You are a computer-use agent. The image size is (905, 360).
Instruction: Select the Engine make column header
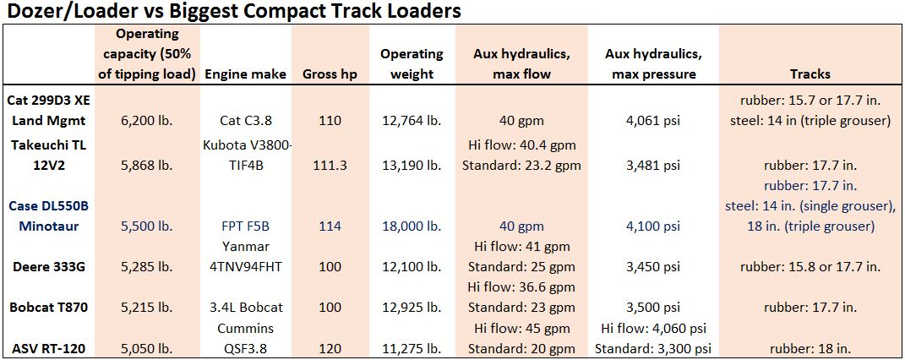tap(245, 74)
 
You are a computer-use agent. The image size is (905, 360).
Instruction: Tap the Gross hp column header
tap(330, 74)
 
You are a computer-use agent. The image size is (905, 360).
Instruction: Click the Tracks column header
tap(810, 74)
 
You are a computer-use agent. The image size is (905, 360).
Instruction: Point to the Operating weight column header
tap(412, 63)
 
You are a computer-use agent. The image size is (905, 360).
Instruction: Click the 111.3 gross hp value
tap(330, 165)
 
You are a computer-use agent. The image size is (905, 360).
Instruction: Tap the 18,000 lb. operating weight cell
tap(412, 226)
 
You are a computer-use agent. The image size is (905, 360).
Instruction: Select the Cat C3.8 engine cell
tap(245, 121)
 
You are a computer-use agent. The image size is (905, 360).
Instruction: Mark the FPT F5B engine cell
tap(245, 226)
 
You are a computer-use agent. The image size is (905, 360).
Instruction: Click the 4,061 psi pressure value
tap(653, 121)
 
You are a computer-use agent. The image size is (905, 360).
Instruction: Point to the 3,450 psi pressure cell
tap(653, 266)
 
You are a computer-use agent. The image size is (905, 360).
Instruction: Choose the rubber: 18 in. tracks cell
tap(810, 347)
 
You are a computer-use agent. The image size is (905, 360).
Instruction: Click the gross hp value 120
tap(330, 347)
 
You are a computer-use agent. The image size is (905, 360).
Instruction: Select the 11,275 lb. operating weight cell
tap(412, 347)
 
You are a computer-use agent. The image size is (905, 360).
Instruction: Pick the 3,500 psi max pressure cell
tap(653, 307)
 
